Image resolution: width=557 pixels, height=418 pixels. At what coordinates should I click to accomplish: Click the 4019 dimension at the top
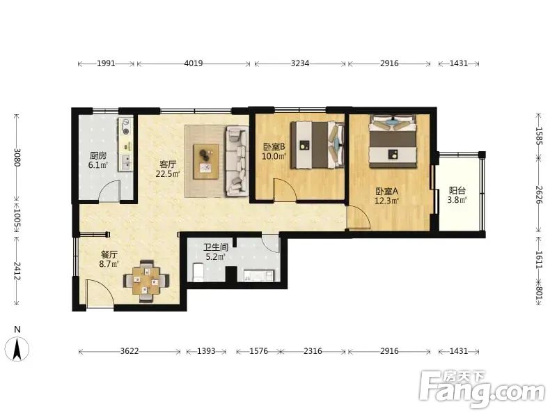click(x=194, y=63)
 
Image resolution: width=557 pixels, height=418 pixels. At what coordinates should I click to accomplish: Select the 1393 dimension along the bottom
click(x=206, y=351)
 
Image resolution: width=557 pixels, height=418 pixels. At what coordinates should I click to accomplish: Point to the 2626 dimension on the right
click(x=539, y=195)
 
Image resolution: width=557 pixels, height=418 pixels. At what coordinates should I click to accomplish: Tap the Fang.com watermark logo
click(x=482, y=389)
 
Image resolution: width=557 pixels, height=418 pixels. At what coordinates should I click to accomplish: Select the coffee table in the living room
click(x=206, y=162)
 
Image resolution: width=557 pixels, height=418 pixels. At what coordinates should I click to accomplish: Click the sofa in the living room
click(x=236, y=161)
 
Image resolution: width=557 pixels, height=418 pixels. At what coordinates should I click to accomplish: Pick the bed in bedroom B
click(x=317, y=145)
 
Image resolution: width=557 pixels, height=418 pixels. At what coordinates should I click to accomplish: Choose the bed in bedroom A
click(x=393, y=141)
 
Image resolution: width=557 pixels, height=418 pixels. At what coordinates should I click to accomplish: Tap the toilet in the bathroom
click(x=198, y=272)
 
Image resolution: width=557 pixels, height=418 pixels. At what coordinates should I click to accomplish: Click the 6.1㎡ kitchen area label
click(x=98, y=165)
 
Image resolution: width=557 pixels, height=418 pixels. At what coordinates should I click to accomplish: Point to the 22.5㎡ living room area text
click(x=168, y=173)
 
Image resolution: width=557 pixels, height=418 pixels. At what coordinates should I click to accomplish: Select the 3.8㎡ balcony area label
click(x=457, y=200)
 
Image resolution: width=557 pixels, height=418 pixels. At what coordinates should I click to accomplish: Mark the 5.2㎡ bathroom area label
click(x=216, y=256)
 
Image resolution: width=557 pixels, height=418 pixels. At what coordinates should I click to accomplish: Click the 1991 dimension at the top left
click(x=106, y=63)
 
